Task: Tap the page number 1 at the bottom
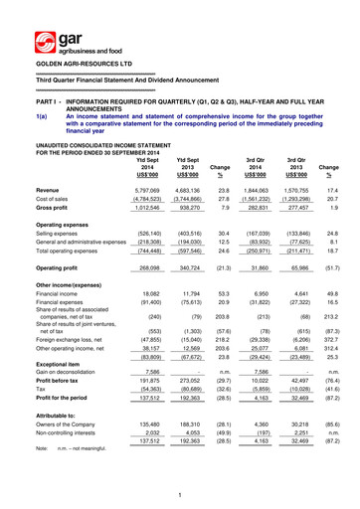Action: click(180, 494)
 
